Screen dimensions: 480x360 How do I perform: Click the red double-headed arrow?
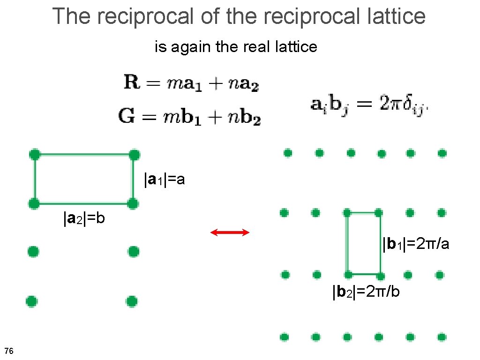pyautogui.click(x=230, y=232)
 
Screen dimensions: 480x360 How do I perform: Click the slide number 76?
pyautogui.click(x=8, y=351)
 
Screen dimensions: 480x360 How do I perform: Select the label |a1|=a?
pyautogui.click(x=165, y=179)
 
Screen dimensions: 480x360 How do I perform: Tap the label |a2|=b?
pyautogui.click(x=84, y=218)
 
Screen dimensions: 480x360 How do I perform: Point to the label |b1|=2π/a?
pyautogui.click(x=416, y=244)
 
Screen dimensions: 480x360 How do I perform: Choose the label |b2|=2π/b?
pyautogui.click(x=366, y=292)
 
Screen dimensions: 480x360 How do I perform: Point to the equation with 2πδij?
pyautogui.click(x=369, y=104)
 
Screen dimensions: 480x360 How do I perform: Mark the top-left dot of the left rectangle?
pyautogui.click(x=34, y=154)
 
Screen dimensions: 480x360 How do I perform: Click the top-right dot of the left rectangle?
pyautogui.click(x=134, y=154)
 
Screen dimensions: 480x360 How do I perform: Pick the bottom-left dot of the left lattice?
pyautogui.click(x=31, y=300)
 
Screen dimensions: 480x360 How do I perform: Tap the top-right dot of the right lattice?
pyautogui.click(x=442, y=153)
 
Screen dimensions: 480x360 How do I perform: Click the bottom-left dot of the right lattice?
pyautogui.click(x=284, y=337)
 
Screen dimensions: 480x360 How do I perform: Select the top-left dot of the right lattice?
pyautogui.click(x=288, y=153)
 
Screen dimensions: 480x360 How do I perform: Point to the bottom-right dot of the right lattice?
pyautogui.click(x=442, y=337)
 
